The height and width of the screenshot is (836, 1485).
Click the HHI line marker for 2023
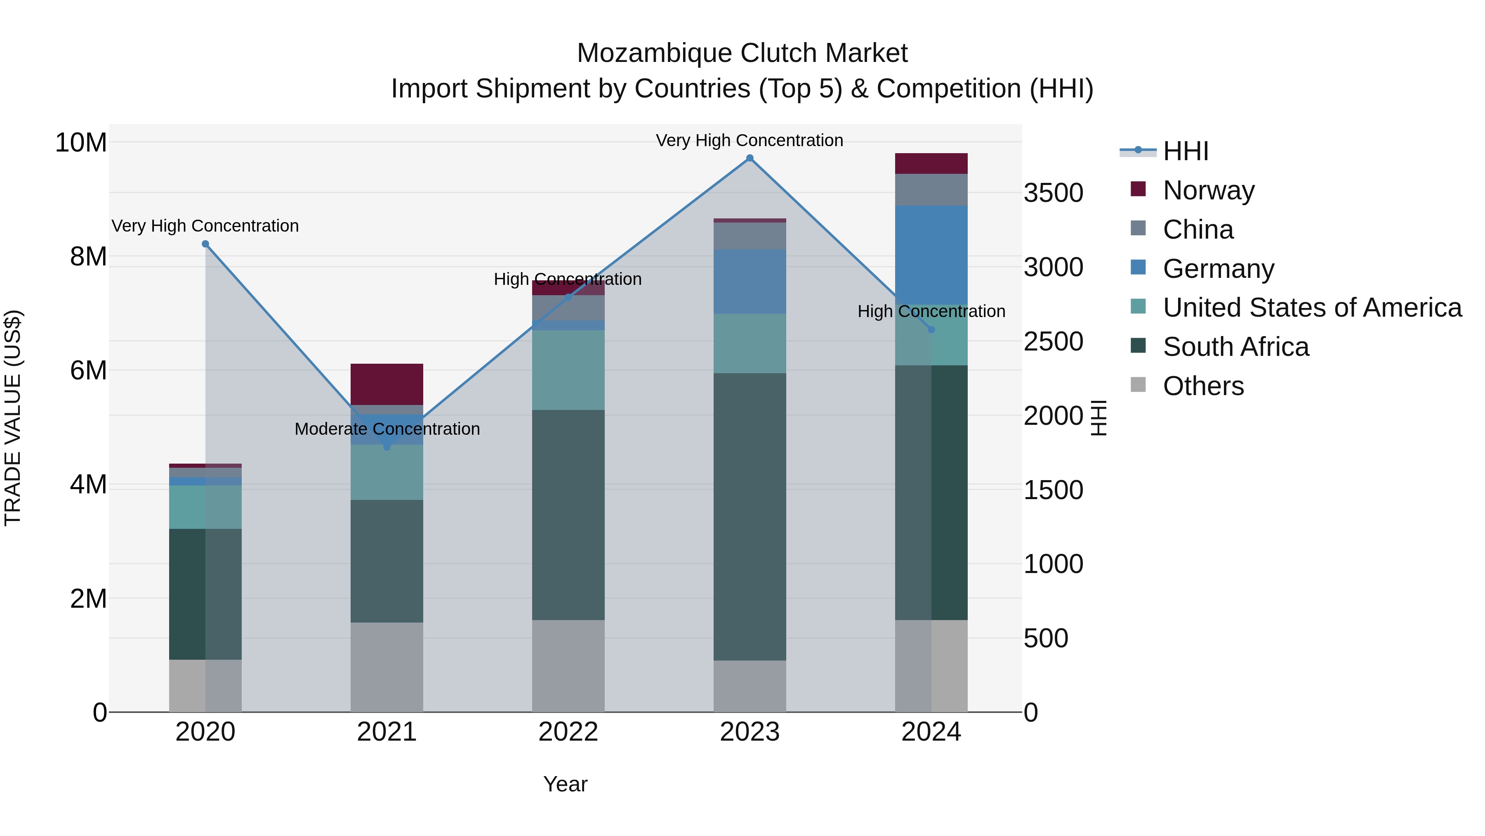(x=750, y=158)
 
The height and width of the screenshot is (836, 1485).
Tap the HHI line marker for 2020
(x=205, y=244)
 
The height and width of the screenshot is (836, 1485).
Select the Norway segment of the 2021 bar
(x=387, y=384)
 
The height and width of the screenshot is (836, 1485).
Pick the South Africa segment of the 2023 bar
(x=750, y=516)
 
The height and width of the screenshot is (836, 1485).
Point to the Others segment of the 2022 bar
(x=568, y=666)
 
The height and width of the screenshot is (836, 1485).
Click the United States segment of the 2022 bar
(x=568, y=370)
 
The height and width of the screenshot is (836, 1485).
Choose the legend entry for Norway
(x=1208, y=190)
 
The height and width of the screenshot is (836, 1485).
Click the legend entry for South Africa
(x=1235, y=347)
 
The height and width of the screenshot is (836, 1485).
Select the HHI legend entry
(x=1185, y=151)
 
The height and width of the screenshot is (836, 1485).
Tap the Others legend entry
(x=1203, y=386)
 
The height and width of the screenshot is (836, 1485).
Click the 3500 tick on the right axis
(x=1053, y=193)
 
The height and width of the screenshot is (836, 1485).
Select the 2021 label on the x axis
(x=387, y=732)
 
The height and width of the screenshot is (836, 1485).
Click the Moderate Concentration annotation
(x=387, y=429)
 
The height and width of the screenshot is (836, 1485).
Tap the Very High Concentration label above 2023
(x=750, y=140)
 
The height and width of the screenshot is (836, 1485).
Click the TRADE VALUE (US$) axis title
(x=13, y=418)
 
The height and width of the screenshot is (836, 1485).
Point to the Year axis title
(x=565, y=784)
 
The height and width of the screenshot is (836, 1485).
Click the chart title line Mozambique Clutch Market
(x=742, y=53)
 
